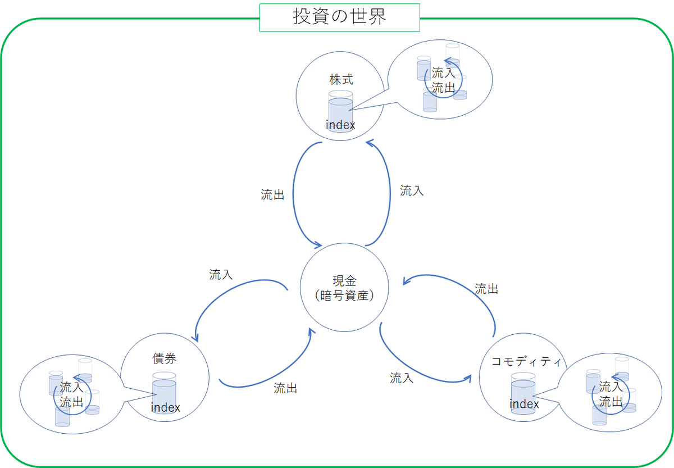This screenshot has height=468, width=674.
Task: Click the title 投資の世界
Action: click(x=339, y=17)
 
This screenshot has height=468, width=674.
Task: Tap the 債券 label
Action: click(x=165, y=358)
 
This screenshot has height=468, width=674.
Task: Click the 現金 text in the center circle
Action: click(x=344, y=281)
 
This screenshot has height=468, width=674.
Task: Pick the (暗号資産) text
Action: click(x=344, y=294)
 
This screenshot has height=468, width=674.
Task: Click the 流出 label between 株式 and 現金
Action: click(x=272, y=195)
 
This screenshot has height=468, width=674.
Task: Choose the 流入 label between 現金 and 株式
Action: click(x=412, y=191)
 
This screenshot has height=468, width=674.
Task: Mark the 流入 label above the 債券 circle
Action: click(x=221, y=275)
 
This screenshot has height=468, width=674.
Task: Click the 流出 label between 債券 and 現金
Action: click(x=285, y=388)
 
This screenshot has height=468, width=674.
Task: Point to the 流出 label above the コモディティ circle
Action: click(x=486, y=289)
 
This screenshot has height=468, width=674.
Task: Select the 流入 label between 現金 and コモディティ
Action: click(x=402, y=378)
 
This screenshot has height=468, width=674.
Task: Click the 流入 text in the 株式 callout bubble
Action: click(x=443, y=73)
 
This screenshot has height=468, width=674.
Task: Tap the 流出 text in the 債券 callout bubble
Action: click(x=71, y=402)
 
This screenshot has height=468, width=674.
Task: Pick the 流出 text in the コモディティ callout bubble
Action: click(x=611, y=401)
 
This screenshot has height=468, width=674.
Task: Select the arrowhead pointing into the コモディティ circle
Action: click(x=470, y=379)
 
